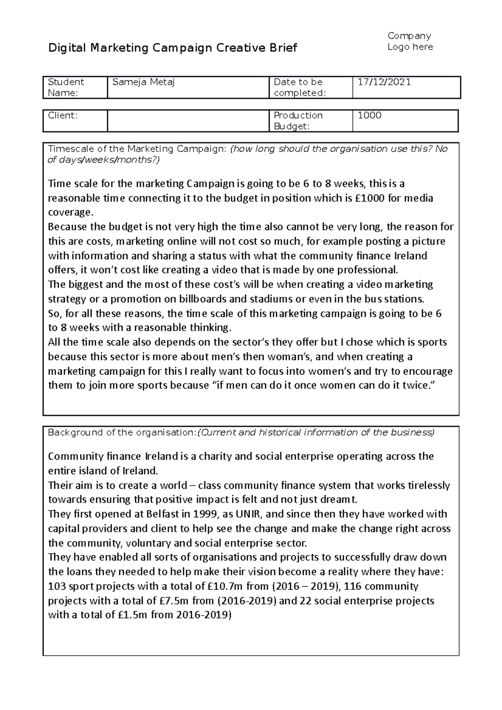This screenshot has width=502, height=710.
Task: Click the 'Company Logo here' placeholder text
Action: pyautogui.click(x=410, y=41)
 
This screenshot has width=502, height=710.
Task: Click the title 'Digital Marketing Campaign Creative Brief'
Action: pyautogui.click(x=173, y=48)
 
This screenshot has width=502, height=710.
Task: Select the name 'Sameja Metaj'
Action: pyautogui.click(x=143, y=82)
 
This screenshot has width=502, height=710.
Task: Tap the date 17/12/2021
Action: pyautogui.click(x=384, y=82)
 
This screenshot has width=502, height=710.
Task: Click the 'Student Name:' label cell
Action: pyautogui.click(x=66, y=87)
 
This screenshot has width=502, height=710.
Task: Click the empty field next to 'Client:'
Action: pyautogui.click(x=187, y=121)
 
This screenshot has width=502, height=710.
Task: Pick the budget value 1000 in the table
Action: pyautogui.click(x=369, y=116)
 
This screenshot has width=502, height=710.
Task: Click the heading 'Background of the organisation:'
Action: pyautogui.click(x=122, y=433)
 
